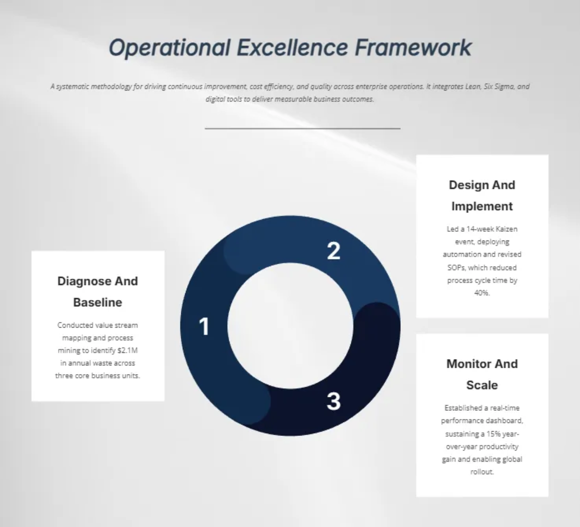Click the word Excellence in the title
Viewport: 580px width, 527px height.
[292, 48]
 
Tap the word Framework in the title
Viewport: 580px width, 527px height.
[413, 48]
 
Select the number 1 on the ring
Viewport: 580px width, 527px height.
[204, 327]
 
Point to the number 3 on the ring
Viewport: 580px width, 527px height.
[333, 401]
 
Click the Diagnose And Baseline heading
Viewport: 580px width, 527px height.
[98, 291]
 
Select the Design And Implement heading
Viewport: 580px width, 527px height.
[482, 196]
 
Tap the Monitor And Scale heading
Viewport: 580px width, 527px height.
[482, 374]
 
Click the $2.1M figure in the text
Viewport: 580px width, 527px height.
[128, 350]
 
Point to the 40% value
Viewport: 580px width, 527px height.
[482, 293]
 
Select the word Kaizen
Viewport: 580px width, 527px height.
[507, 229]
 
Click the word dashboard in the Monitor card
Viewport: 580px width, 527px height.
[504, 421]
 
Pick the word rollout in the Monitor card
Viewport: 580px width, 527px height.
[482, 472]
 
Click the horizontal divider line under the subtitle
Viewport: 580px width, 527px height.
[303, 129]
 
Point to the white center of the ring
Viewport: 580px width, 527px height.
[290, 325]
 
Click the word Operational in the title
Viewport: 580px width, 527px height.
[169, 48]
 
